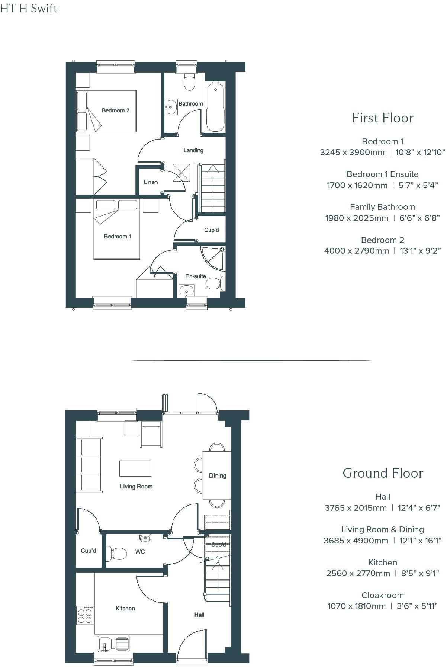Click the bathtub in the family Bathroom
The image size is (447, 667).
[x=215, y=108]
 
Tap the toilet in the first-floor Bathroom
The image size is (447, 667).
[x=190, y=83]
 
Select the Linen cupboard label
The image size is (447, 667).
[x=151, y=182]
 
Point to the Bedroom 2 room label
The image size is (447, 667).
[x=115, y=110]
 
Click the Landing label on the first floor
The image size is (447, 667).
[x=193, y=150]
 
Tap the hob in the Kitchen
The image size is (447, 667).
[x=85, y=615]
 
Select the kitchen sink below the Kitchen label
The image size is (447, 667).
[x=113, y=643]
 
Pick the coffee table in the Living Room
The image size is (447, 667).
[x=135, y=468]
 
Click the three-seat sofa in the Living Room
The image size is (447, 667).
[x=89, y=465]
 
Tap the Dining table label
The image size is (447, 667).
[x=217, y=475]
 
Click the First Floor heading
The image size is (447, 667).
[x=383, y=118]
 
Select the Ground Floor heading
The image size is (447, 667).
[x=383, y=473]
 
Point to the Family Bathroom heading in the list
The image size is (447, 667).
[x=382, y=207]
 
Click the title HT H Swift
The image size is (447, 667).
[x=29, y=8]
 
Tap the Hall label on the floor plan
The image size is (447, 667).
[x=199, y=615]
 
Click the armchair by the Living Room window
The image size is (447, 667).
[x=151, y=433]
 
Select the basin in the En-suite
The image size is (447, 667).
[x=186, y=289]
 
